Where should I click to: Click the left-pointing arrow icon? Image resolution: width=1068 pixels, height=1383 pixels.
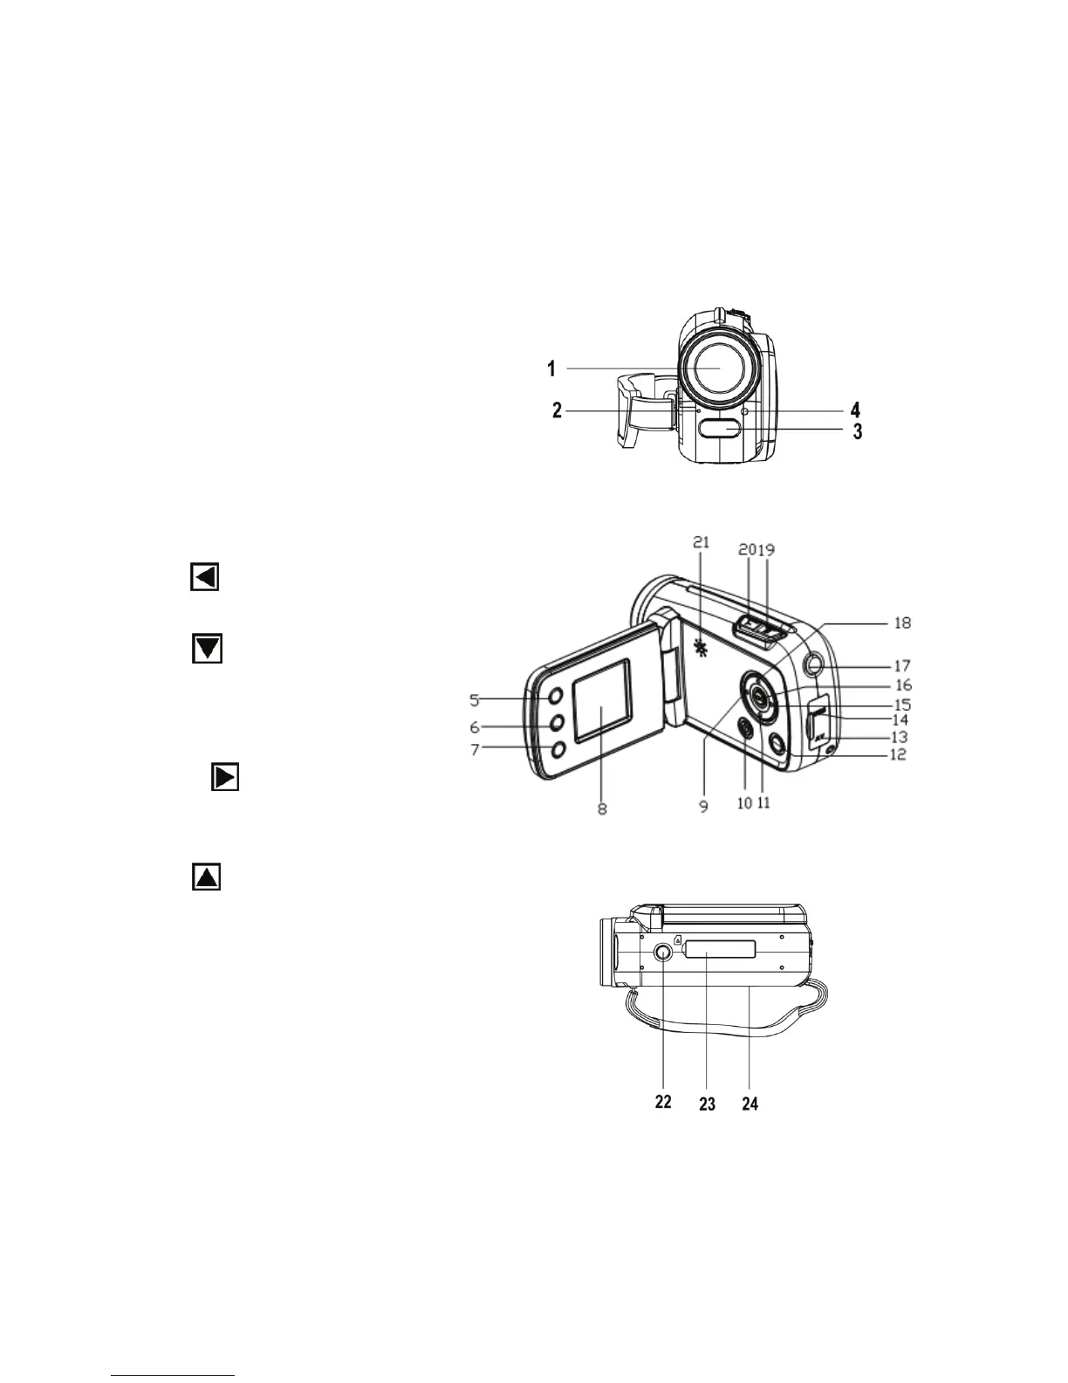[205, 577]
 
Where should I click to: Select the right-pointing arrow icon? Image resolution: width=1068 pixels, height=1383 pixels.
[225, 777]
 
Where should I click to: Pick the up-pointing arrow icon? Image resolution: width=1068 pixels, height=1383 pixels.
[206, 877]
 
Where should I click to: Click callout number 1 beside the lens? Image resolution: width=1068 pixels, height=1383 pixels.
[551, 369]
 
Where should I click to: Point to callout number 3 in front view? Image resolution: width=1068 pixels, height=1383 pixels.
[858, 431]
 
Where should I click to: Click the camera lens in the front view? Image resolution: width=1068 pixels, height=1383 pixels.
[719, 368]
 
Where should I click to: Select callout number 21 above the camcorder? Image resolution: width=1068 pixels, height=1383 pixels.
[702, 542]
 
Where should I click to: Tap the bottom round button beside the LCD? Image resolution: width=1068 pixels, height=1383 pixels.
[558, 748]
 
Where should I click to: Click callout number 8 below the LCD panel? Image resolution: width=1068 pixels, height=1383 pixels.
[602, 808]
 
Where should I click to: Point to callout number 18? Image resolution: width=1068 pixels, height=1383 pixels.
[902, 623]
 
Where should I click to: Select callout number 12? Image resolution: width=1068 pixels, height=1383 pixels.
[898, 754]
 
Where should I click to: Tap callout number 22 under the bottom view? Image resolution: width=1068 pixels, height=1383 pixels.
[663, 1102]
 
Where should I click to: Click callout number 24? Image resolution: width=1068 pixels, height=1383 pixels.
[750, 1104]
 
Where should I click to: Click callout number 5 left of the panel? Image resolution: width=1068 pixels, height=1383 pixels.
[475, 699]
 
